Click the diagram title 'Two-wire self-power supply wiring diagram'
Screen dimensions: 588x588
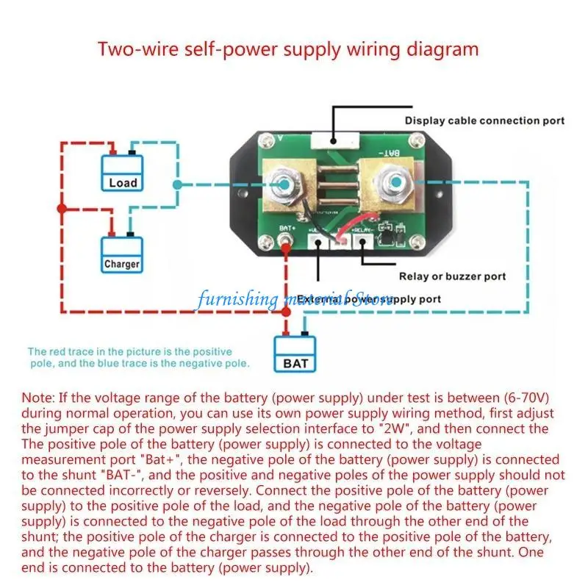288,49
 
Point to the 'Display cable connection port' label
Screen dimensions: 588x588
484,121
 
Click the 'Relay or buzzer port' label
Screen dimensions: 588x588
452,277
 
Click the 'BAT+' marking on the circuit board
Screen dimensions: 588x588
287,228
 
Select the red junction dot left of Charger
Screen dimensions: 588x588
62,209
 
